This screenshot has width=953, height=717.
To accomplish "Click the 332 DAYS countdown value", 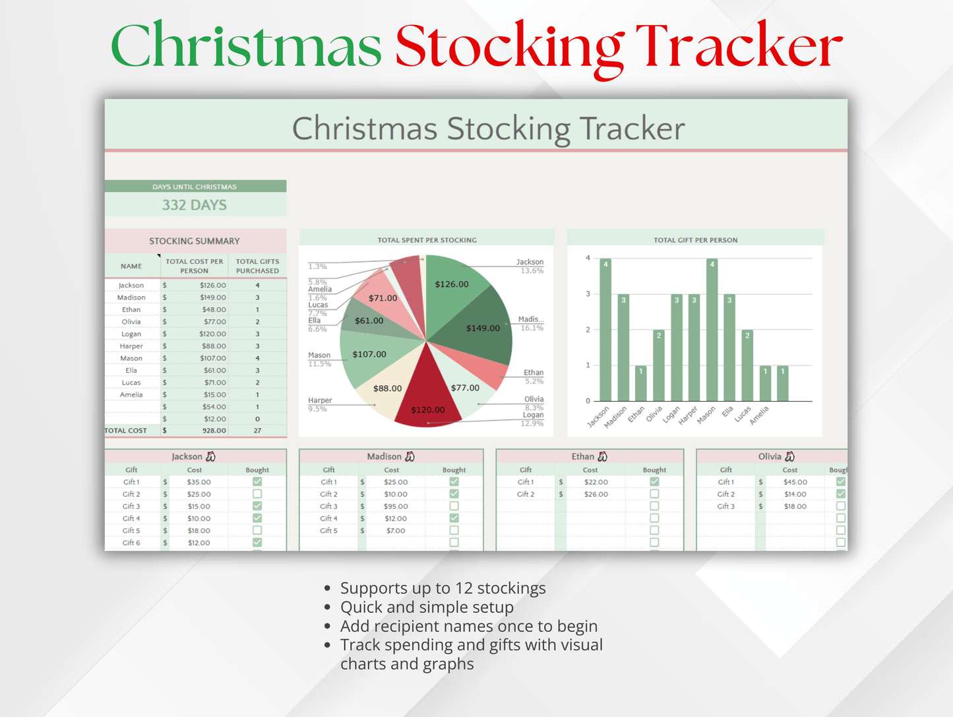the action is pos(194,205).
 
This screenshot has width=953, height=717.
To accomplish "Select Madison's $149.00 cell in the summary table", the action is pos(213,297).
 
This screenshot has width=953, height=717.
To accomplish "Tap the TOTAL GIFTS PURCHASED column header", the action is pos(257,266).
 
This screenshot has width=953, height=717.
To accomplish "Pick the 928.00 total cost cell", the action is pos(214,431).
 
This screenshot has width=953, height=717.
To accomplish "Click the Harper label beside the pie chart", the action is pos(320,400).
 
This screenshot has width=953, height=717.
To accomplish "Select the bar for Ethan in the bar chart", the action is pos(641,383).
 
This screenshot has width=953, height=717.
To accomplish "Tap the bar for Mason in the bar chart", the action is pos(712,330).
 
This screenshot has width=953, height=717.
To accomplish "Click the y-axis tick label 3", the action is pos(588,294).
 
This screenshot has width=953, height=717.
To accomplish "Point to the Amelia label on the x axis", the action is pos(759,416).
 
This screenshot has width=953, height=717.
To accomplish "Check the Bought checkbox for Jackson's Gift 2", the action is pos(257,494).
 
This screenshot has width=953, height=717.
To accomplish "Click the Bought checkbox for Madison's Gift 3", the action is pos(454,506).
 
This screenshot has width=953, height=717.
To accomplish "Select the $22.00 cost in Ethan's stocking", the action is pos(596,482).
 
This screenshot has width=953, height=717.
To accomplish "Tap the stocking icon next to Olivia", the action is pos(789,456).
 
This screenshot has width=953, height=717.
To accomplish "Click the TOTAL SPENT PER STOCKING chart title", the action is pos(427,240).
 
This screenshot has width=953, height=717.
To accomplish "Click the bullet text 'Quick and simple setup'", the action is pos(427,607).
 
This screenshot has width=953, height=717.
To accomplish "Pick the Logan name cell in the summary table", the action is pos(131,334).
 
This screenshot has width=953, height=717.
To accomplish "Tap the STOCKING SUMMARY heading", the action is pos(194,241).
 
